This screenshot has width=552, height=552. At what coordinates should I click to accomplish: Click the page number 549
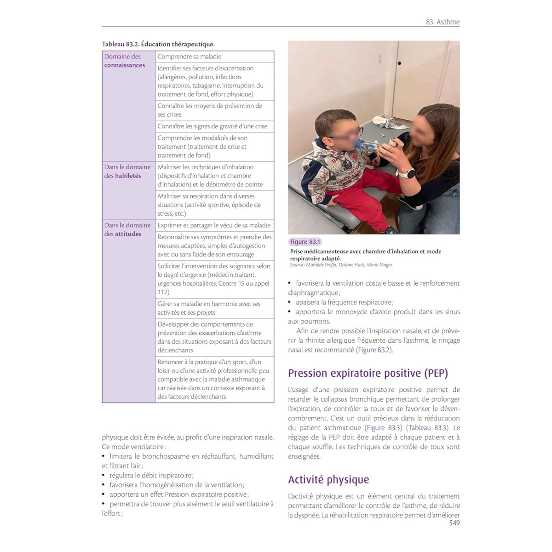pyautogui.click(x=454, y=523)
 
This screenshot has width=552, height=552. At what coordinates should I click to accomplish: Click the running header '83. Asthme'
pyautogui.click(x=443, y=22)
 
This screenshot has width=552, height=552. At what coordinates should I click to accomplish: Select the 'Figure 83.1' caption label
pyautogui.click(x=305, y=242)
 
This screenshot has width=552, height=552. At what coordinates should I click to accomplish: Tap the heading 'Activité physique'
pyautogui.click(x=328, y=479)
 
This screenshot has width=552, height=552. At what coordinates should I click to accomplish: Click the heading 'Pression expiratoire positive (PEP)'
pyautogui.click(x=368, y=373)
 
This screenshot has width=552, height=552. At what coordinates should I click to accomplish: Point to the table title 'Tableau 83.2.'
pyautogui.click(x=121, y=44)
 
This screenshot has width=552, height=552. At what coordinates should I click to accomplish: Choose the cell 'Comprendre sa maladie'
pyautogui.click(x=190, y=57)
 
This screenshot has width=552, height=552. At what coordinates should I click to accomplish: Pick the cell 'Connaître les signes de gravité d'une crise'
pyautogui.click(x=212, y=126)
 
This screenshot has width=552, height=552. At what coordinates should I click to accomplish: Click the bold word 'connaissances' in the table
pyautogui.click(x=124, y=65)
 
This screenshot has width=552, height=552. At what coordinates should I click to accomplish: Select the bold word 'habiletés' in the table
pyautogui.click(x=128, y=176)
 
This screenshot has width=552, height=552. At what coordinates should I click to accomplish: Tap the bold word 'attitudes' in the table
pyautogui.click(x=128, y=234)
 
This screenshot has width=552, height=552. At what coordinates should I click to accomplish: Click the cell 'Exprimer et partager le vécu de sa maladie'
pyautogui.click(x=214, y=225)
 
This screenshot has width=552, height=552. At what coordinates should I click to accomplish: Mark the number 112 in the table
pyautogui.click(x=163, y=292)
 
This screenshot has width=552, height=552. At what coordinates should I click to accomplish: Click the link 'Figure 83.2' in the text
pyautogui.click(x=374, y=350)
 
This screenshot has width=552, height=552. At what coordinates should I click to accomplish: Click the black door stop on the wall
pyautogui.click(x=399, y=63)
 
